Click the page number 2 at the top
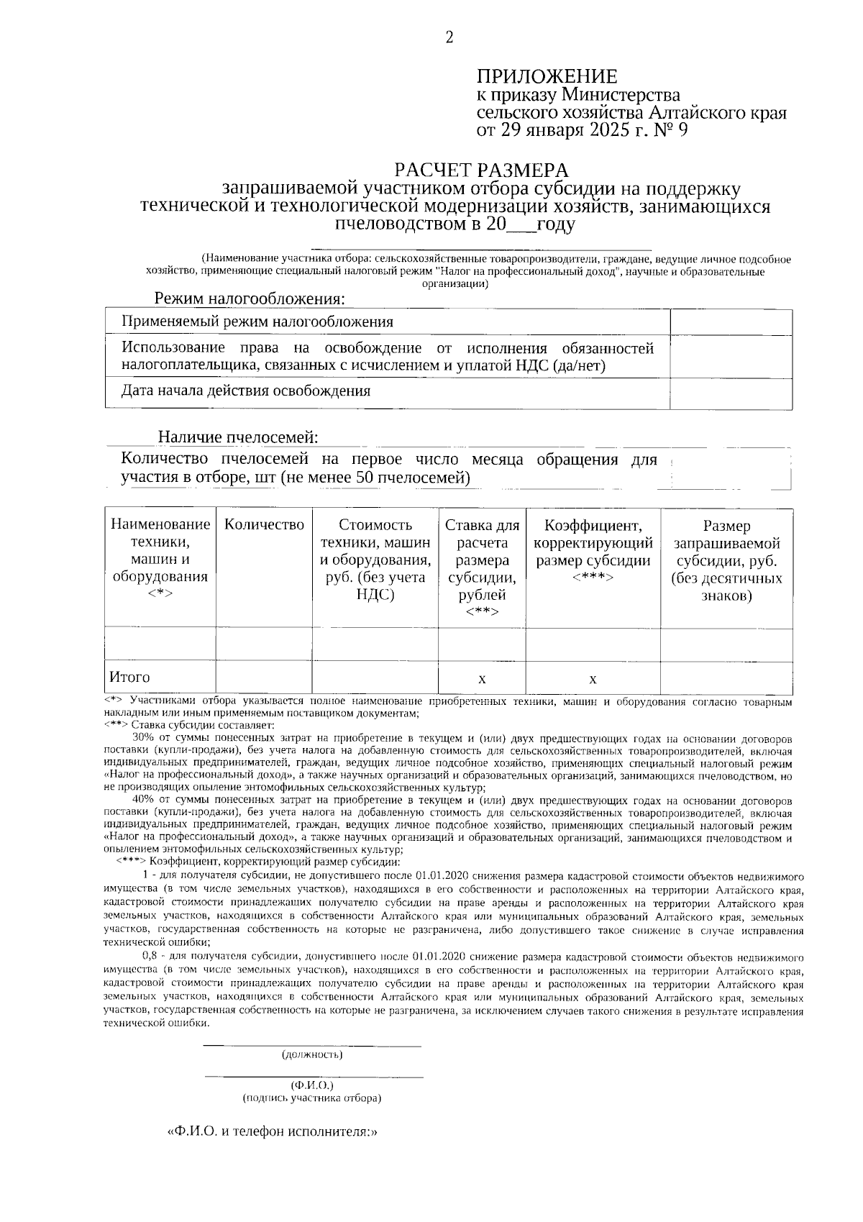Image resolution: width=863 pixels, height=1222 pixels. [x=450, y=38]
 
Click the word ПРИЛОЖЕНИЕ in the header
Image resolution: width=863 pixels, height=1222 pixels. [x=547, y=77]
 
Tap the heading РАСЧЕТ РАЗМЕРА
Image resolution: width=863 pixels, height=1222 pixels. [x=481, y=170]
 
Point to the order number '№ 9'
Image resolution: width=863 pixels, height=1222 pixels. [x=674, y=130]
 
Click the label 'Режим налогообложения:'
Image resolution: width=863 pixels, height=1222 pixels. [x=250, y=298]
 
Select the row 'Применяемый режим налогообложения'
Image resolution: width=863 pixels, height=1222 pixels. [x=257, y=322]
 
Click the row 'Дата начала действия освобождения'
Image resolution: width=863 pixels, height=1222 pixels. [x=246, y=391]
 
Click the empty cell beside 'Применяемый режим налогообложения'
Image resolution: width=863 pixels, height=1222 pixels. [x=731, y=322]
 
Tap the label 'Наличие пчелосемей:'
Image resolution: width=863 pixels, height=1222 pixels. [x=238, y=437]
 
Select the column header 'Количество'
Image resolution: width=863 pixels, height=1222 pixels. [x=264, y=525]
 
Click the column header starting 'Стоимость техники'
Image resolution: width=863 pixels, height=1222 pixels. [x=375, y=560]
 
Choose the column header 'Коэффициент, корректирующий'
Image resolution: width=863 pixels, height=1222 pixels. [x=593, y=551]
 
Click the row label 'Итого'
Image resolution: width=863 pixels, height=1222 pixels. [x=130, y=678]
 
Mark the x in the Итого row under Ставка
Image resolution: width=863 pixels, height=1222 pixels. [x=482, y=679]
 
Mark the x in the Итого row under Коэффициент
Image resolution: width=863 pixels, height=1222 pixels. [x=593, y=679]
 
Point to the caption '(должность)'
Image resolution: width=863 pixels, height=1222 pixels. [x=311, y=1055]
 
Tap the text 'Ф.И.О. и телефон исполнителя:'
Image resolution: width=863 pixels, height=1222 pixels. [x=273, y=1131]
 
